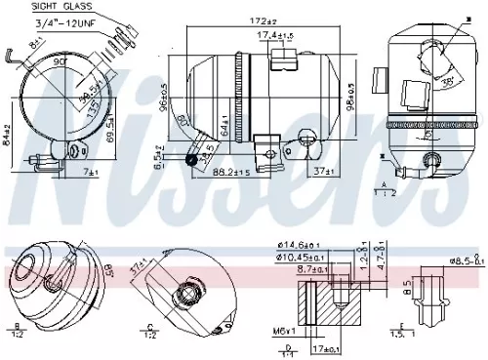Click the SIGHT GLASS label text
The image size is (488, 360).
pos(45,8)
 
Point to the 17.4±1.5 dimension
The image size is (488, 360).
pos(276,36)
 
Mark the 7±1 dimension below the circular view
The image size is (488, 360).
pos(91,173)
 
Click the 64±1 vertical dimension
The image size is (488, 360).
pos(224,127)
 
